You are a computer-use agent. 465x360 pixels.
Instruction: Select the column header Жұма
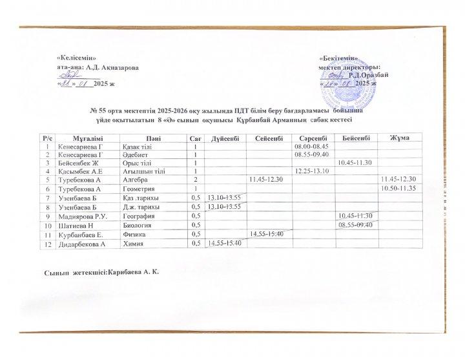(x=399, y=138)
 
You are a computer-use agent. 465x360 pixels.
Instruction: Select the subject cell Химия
(x=134, y=244)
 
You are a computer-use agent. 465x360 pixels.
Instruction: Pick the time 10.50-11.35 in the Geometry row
(x=399, y=187)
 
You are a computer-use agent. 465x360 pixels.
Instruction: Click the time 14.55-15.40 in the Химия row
(x=225, y=243)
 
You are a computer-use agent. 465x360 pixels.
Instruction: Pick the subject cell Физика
(x=136, y=234)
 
